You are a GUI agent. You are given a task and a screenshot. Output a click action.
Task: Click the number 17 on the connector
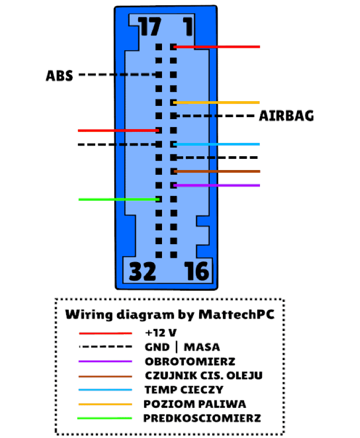click(150, 26)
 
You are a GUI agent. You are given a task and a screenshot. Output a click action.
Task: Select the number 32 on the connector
click(142, 271)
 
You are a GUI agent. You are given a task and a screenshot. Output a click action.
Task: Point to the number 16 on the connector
click(196, 271)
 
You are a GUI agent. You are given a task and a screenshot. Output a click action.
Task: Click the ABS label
click(59, 76)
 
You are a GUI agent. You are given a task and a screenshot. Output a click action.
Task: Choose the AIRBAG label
click(286, 115)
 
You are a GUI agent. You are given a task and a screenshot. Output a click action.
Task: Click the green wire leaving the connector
click(119, 199)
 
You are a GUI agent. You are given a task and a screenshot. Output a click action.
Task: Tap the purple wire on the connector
click(217, 185)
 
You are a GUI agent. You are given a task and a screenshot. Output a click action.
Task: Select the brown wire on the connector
click(217, 171)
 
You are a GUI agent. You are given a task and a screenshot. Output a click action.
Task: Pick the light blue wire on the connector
click(217, 145)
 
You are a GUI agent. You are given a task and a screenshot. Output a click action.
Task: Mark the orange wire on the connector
click(217, 103)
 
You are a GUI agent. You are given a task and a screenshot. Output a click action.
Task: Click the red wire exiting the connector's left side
click(119, 130)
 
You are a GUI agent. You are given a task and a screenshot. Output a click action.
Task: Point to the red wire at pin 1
click(217, 47)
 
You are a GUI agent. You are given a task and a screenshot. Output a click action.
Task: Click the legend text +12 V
click(161, 333)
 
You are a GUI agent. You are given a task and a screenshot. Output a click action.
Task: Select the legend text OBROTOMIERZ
click(190, 361)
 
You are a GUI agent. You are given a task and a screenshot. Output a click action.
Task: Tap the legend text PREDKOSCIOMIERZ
click(202, 418)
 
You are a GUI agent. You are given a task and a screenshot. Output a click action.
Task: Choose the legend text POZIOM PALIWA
click(195, 404)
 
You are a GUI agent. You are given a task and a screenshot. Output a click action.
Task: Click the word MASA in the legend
click(202, 347)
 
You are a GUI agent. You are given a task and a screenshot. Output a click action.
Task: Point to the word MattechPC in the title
click(236, 315)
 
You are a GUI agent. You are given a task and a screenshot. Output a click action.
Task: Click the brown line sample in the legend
click(105, 377)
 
